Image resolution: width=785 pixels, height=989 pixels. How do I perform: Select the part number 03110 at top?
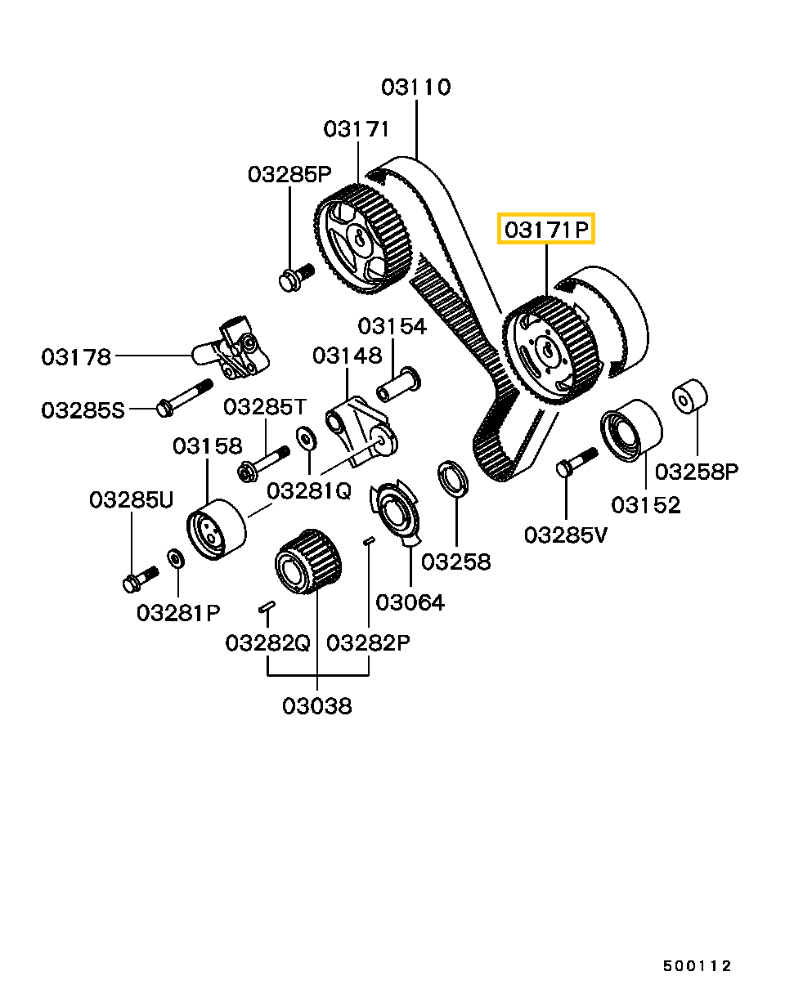416,87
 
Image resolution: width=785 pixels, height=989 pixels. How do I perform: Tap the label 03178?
76,356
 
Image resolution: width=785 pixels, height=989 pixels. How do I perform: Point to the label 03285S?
83,409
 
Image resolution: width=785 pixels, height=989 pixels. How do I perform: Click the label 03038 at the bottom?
317,705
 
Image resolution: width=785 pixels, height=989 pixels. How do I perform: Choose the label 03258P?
697,471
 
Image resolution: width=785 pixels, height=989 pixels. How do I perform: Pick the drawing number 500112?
697,966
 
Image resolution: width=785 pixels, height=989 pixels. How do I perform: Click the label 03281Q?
309,490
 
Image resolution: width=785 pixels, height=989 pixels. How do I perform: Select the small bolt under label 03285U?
139,579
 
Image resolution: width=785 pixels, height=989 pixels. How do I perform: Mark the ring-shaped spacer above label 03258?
451,478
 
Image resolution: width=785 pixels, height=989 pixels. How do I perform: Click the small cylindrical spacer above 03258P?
690,396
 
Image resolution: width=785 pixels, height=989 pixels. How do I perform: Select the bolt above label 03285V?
576,461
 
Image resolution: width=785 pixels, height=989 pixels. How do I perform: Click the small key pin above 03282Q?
267,606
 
